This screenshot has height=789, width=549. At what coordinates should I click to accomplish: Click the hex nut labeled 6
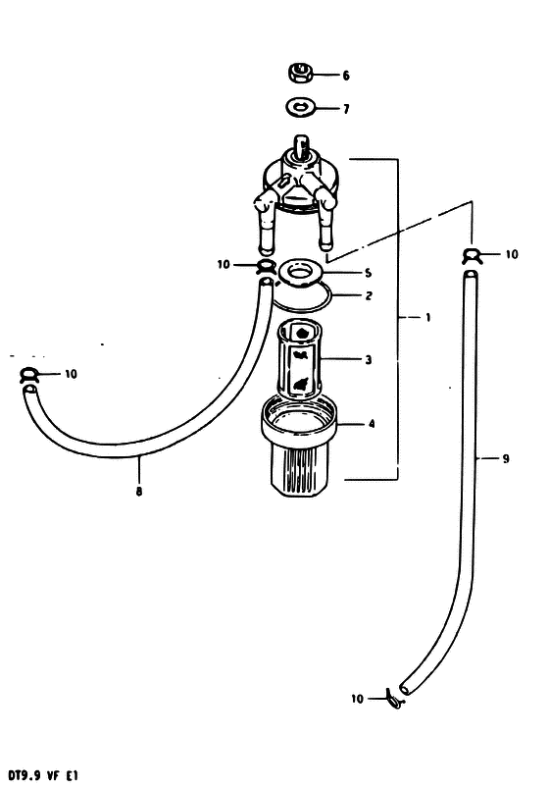301,73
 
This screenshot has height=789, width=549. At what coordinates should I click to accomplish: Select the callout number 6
346,76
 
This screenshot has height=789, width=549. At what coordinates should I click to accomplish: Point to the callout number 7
346,109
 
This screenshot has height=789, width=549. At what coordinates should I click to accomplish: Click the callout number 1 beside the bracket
427,318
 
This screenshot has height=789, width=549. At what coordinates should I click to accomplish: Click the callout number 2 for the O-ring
369,295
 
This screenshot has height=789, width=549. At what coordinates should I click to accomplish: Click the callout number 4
372,424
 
